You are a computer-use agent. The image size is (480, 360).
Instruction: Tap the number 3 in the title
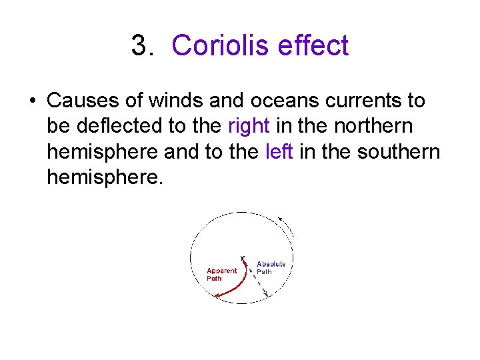[139, 46]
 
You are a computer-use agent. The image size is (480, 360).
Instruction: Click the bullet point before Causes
[32, 101]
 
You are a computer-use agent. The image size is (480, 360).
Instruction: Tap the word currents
[357, 101]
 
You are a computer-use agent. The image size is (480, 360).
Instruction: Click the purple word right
[249, 126]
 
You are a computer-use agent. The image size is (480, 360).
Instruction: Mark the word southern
[399, 151]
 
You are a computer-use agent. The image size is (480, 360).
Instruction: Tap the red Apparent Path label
[221, 275]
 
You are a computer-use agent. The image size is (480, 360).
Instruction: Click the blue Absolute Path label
[271, 268]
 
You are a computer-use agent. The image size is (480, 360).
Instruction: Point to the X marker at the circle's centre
[242, 258]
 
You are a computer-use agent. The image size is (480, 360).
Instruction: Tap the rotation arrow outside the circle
[281, 219]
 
